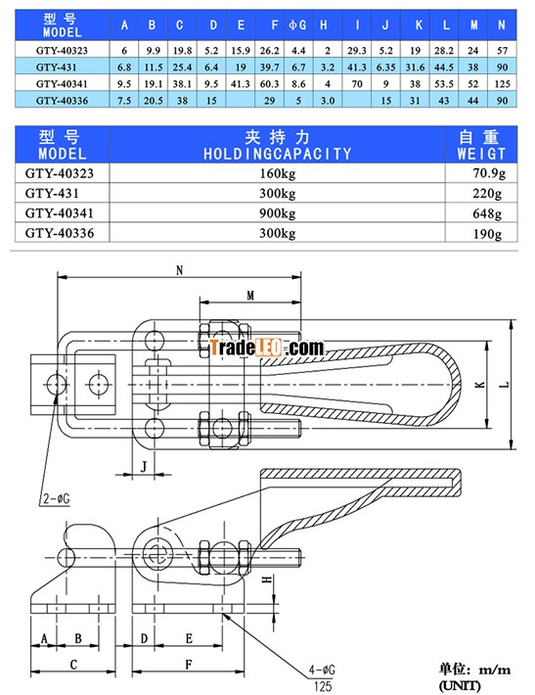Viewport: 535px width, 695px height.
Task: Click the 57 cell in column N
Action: pos(502,51)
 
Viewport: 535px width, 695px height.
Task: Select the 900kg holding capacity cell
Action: pos(277,213)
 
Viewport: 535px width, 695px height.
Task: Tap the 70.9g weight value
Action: pos(488,173)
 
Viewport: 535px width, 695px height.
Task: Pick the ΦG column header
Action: pos(297,25)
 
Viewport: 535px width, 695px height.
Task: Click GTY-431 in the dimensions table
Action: pos(57,68)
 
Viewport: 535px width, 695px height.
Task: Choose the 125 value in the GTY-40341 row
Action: pos(502,84)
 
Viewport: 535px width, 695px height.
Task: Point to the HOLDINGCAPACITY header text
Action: pos(277,154)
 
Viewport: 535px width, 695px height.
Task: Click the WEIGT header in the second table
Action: pos(481,154)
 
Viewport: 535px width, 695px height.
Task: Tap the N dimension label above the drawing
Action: pos(179,270)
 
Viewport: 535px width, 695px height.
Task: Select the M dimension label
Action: pos(250,296)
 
